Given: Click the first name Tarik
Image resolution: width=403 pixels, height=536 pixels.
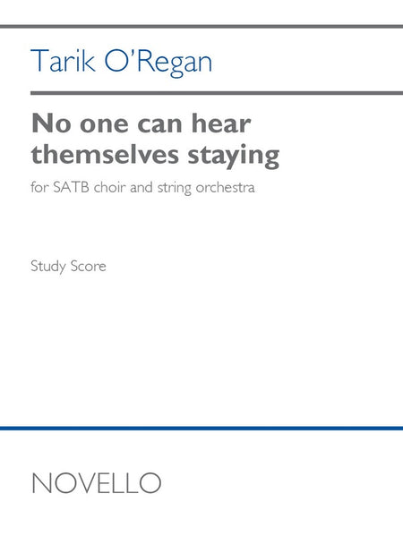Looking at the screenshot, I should pyautogui.click(x=59, y=61).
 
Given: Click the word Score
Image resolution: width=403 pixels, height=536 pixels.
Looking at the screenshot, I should pyautogui.click(x=90, y=267).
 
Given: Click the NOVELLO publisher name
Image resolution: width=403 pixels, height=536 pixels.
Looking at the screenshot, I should pyautogui.click(x=96, y=483).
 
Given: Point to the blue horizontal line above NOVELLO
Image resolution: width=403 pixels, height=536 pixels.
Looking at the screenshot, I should pyautogui.click(x=201, y=429).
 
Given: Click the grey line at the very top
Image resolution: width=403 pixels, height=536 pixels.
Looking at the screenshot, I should pyautogui.click(x=201, y=27).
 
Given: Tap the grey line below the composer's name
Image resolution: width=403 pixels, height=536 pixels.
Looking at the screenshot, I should pyautogui.click(x=201, y=92).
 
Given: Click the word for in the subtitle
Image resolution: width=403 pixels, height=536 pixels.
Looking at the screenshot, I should pyautogui.click(x=40, y=191).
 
